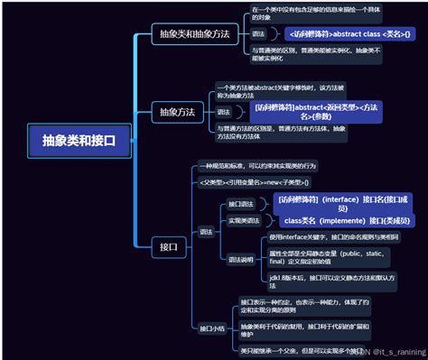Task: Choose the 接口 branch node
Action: tap(168, 246)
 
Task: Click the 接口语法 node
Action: tap(241, 203)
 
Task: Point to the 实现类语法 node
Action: tap(244, 220)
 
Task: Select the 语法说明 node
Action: tap(241, 260)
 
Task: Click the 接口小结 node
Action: tap(211, 328)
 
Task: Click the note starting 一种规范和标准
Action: tap(261, 167)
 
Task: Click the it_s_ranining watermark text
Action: tap(395, 352)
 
